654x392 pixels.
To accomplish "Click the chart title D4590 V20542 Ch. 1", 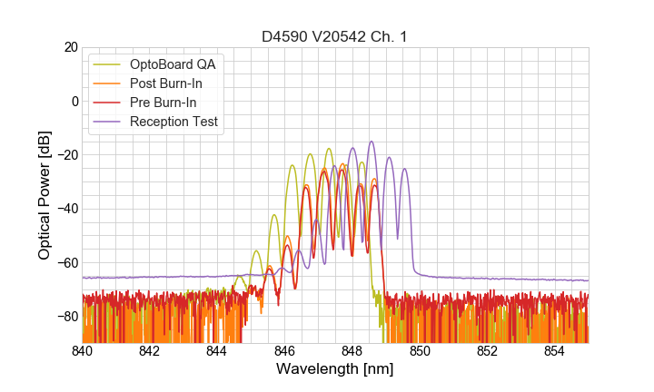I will pos(335,36).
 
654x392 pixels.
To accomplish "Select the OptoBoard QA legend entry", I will pos(173,64).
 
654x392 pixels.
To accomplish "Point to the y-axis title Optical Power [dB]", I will pos(45,194).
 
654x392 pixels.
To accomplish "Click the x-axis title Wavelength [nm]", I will pos(335,369).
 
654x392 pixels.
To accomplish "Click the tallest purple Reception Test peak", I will pos(372,142).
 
